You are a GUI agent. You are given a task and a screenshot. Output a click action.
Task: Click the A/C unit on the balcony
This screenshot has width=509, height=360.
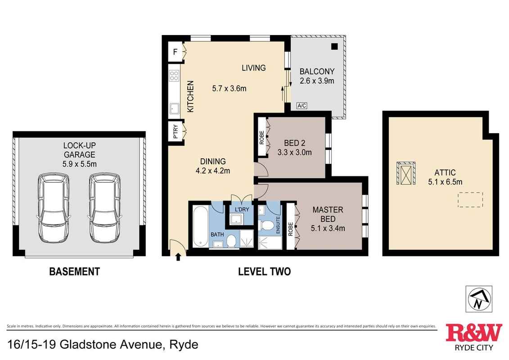click(x=302, y=106)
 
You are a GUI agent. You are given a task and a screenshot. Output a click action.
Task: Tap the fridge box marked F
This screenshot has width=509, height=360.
click(x=175, y=53)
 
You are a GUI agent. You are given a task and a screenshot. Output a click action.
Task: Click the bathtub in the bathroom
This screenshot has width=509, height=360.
click(x=200, y=226)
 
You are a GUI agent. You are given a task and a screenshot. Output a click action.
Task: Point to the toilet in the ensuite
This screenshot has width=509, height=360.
click(x=269, y=225)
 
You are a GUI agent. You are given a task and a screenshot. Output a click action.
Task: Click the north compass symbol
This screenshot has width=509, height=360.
click(x=478, y=299)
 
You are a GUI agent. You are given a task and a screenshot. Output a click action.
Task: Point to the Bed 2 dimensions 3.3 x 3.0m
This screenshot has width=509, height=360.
click(x=295, y=152)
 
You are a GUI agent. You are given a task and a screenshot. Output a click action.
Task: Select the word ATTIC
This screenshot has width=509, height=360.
click(x=445, y=172)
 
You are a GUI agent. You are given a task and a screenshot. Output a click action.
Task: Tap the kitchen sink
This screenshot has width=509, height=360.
click(x=174, y=108)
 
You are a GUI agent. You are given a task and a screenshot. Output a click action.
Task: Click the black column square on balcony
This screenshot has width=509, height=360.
click(x=334, y=46)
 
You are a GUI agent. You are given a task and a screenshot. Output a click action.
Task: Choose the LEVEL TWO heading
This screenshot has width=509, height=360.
click(x=264, y=271)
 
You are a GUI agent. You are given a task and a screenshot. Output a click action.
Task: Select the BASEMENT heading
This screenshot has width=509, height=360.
click(x=74, y=271)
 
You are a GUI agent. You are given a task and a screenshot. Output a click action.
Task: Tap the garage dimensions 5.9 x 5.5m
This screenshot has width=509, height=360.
click(x=79, y=164)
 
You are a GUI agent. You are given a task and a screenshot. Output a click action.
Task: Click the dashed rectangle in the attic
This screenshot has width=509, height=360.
click(x=470, y=199)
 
